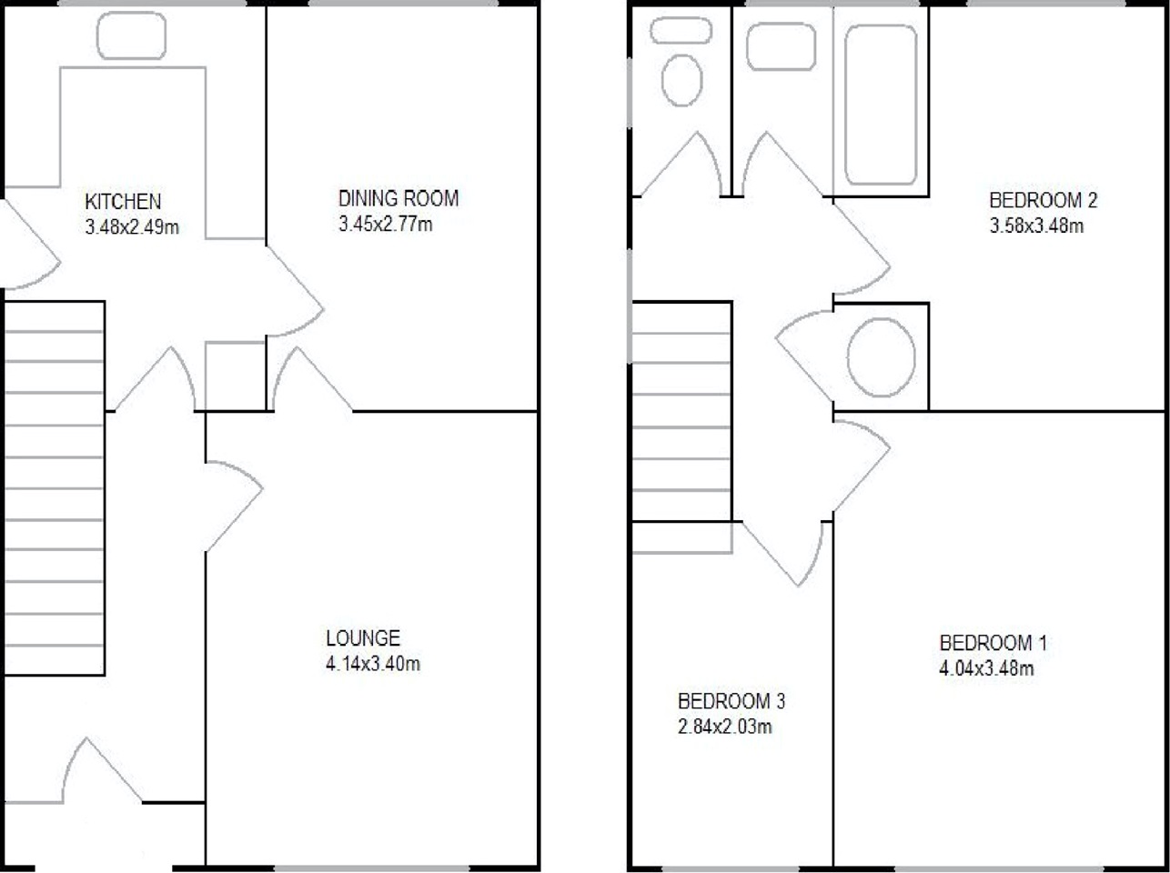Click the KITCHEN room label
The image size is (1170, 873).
123,201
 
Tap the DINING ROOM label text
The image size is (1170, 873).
398,198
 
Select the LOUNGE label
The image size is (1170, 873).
363,638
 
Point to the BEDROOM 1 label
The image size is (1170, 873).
993,643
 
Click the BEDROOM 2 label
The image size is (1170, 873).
1044,200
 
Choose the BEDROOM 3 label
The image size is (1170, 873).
731,701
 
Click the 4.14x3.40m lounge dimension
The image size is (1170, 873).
373,664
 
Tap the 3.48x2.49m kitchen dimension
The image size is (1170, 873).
132,227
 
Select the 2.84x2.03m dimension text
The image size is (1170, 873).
725,727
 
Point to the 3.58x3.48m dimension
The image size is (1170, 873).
1037,226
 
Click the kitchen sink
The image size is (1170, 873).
131,35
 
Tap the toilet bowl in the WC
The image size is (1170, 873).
681,80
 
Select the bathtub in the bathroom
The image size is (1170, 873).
881,105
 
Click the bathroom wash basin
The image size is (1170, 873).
781,46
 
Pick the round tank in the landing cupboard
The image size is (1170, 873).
881,357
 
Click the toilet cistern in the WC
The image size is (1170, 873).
681,30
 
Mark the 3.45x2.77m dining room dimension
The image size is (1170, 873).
386,225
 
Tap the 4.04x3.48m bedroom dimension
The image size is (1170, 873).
986,668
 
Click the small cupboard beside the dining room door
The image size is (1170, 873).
235,376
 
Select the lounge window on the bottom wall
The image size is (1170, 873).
371,868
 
